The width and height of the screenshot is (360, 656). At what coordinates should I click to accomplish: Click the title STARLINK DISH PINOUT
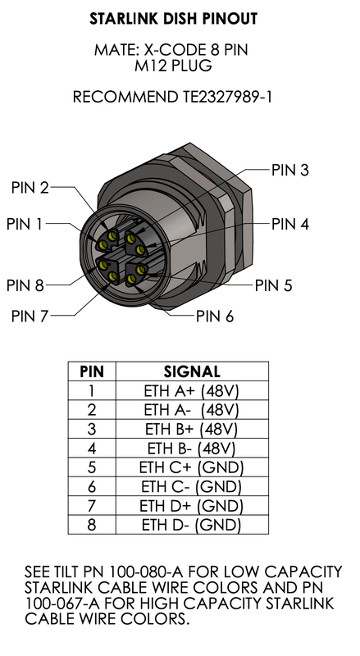[x=173, y=19]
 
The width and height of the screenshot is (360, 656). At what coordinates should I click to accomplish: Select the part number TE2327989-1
[x=227, y=97]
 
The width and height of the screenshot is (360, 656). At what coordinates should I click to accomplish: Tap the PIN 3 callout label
[x=290, y=170]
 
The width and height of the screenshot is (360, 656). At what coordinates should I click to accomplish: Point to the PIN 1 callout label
[x=25, y=224]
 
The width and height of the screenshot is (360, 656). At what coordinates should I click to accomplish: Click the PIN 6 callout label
[x=215, y=317]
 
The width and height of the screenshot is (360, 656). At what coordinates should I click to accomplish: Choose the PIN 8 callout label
[x=25, y=285]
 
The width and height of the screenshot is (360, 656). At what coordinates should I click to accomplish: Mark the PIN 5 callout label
[x=273, y=285]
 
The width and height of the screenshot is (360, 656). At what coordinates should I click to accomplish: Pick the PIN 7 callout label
[x=30, y=316]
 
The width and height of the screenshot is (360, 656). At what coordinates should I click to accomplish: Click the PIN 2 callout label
[x=30, y=188]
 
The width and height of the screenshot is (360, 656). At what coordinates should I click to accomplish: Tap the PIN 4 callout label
[x=290, y=224]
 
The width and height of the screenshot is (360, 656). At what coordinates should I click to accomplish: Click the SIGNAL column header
[x=192, y=371]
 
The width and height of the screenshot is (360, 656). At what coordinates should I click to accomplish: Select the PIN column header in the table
[x=92, y=371]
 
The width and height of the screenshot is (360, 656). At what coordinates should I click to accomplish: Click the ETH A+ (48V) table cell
[x=191, y=391]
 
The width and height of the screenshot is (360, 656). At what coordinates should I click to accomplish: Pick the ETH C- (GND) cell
[x=191, y=486]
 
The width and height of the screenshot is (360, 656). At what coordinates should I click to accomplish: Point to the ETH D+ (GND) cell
[x=191, y=506]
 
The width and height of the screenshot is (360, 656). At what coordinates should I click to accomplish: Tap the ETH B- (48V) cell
[x=191, y=449]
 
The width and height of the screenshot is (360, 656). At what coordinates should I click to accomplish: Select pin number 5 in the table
[x=92, y=467]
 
